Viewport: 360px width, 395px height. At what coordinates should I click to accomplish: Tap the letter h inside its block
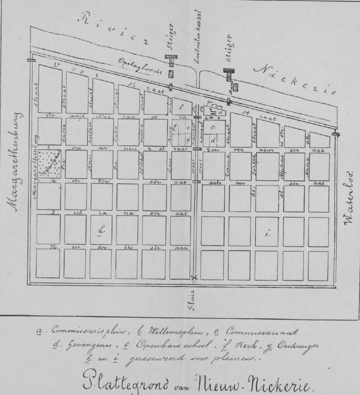pyautogui.click(x=101, y=230)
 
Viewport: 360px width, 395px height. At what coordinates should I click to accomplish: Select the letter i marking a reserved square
pyautogui.click(x=267, y=235)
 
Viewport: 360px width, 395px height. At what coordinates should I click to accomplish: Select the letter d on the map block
pyautogui.click(x=213, y=140)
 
